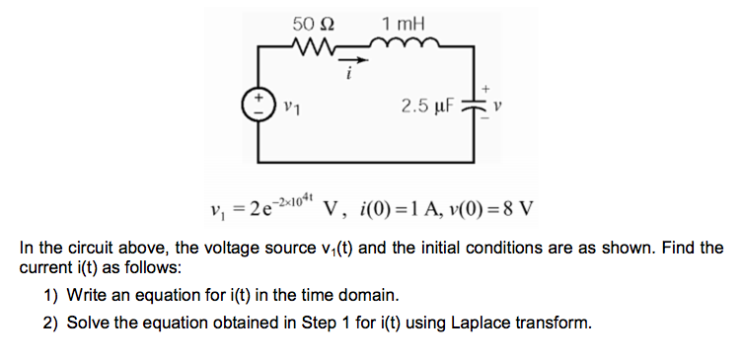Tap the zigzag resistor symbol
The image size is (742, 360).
pos(316,46)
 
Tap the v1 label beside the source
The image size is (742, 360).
pos(289,105)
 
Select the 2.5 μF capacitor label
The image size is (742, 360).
pos(427,104)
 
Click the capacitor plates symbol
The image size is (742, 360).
pos(482,104)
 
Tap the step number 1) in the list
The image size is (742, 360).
pos(51,296)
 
